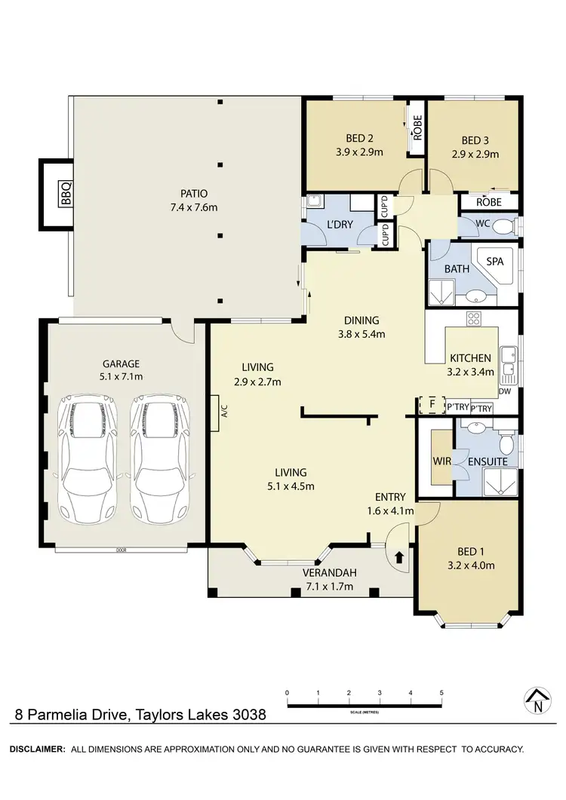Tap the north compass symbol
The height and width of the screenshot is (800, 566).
pyautogui.click(x=537, y=701)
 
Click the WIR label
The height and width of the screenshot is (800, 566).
pyautogui.click(x=441, y=461)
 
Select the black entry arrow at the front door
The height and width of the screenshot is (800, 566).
pyautogui.click(x=398, y=557)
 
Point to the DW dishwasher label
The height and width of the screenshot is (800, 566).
pyautogui.click(x=505, y=391)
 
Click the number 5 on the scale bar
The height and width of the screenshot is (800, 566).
pyautogui.click(x=441, y=692)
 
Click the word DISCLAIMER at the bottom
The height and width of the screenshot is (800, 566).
pyautogui.click(x=35, y=749)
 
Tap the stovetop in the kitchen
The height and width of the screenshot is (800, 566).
pyautogui.click(x=474, y=318)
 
